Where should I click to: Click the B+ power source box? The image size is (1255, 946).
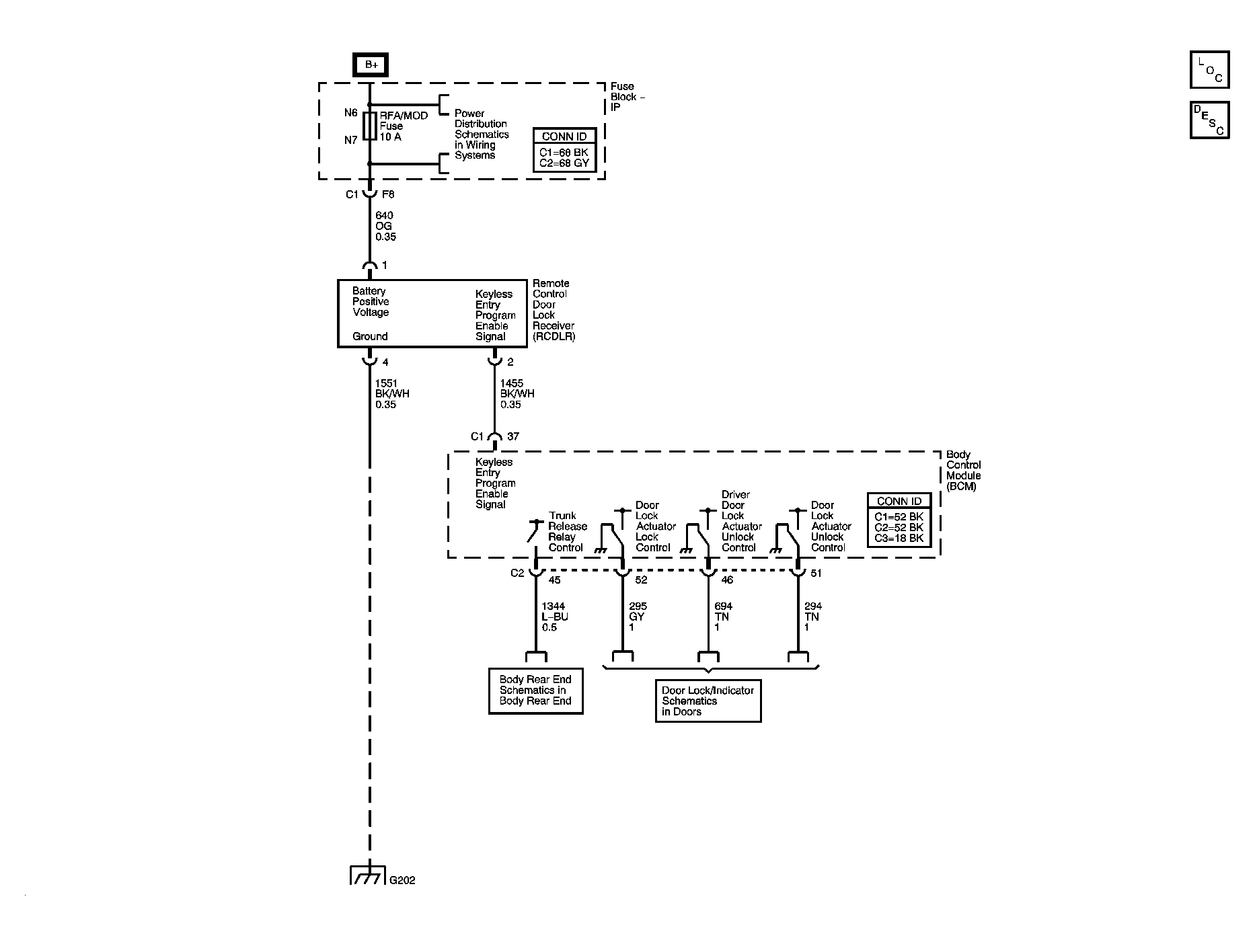(x=371, y=65)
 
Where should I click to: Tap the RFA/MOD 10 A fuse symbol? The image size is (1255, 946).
(x=370, y=126)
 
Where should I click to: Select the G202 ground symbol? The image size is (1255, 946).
(x=367, y=876)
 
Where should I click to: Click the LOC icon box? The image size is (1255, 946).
(x=1209, y=70)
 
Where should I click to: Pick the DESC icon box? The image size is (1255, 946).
(x=1209, y=120)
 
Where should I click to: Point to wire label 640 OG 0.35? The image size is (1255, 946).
(x=385, y=227)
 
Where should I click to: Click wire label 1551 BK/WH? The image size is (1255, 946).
(x=391, y=394)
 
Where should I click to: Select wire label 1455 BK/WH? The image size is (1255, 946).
(x=517, y=394)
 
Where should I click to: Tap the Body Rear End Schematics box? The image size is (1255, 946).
(x=535, y=691)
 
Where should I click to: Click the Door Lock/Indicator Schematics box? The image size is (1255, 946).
(x=708, y=701)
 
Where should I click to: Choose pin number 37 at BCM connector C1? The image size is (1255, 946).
(x=513, y=437)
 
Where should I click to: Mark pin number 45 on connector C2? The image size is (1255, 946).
(x=555, y=580)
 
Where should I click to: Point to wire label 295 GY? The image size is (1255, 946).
(x=637, y=617)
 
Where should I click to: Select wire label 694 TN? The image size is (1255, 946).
(x=723, y=617)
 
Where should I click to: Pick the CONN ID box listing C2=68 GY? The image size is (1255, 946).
(x=564, y=150)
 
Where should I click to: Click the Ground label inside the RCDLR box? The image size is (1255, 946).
(x=370, y=337)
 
